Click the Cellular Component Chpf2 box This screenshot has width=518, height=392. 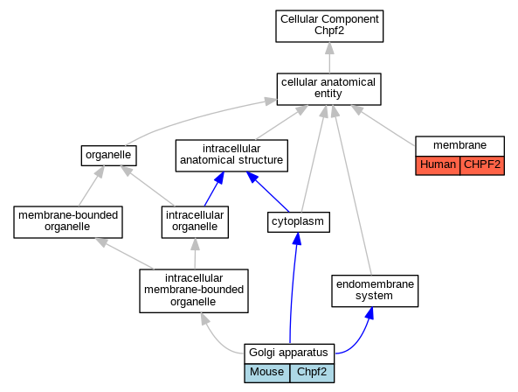coord(329,26)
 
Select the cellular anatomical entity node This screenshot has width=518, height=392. coord(328,89)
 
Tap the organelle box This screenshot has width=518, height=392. coord(108,156)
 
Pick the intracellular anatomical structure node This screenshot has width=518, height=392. coord(231,156)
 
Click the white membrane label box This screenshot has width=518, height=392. coord(459,146)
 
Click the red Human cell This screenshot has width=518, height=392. coord(438,165)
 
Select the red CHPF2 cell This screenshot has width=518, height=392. coord(482,165)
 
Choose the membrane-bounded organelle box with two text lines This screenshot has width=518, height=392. coord(68,222)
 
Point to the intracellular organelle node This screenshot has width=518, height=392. coord(195,222)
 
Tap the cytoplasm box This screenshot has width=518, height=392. coord(299,222)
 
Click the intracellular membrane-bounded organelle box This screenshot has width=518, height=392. coord(194,290)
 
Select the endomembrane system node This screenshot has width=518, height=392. coord(375,290)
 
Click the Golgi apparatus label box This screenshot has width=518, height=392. coord(289,353)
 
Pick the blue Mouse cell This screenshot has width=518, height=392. coord(267,373)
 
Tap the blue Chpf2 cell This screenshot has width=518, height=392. coord(312,373)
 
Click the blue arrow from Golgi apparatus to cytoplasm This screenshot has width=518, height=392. coord(293,288)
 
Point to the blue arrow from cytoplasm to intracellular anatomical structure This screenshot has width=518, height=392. coord(267,192)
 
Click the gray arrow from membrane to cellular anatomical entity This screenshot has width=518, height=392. coord(383,125)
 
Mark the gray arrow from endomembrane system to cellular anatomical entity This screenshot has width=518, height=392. coord(353,190)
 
